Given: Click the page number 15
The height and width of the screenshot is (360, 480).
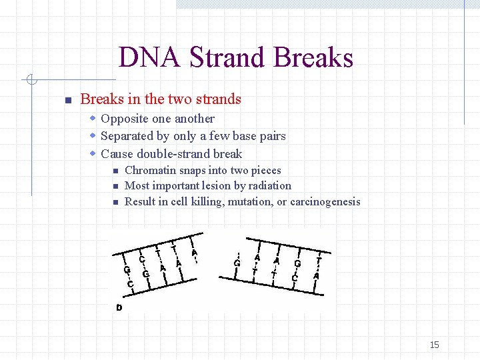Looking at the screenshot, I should click(x=434, y=345).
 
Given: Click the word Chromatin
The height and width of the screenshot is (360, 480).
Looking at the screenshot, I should click(x=151, y=170).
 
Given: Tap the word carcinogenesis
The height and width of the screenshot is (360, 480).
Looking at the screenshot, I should click(x=325, y=201).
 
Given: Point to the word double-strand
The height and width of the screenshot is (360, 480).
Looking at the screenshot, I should click(x=170, y=153).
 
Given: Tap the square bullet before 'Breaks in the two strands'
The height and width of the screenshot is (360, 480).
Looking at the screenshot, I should click(x=67, y=101).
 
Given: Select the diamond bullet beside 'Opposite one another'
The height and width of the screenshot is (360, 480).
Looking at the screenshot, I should click(x=94, y=119).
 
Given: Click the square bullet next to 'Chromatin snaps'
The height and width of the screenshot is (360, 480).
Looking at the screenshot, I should click(x=115, y=171).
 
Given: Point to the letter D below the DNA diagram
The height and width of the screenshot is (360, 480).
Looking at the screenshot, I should click(x=119, y=307).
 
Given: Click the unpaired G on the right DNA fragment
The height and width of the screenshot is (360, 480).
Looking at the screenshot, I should click(x=237, y=263).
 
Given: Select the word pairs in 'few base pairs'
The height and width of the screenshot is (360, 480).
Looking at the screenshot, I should click(x=272, y=136).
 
